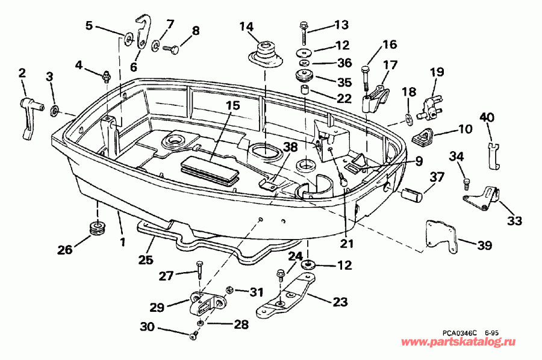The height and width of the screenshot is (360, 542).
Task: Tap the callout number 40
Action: pyautogui.click(x=487, y=118)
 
